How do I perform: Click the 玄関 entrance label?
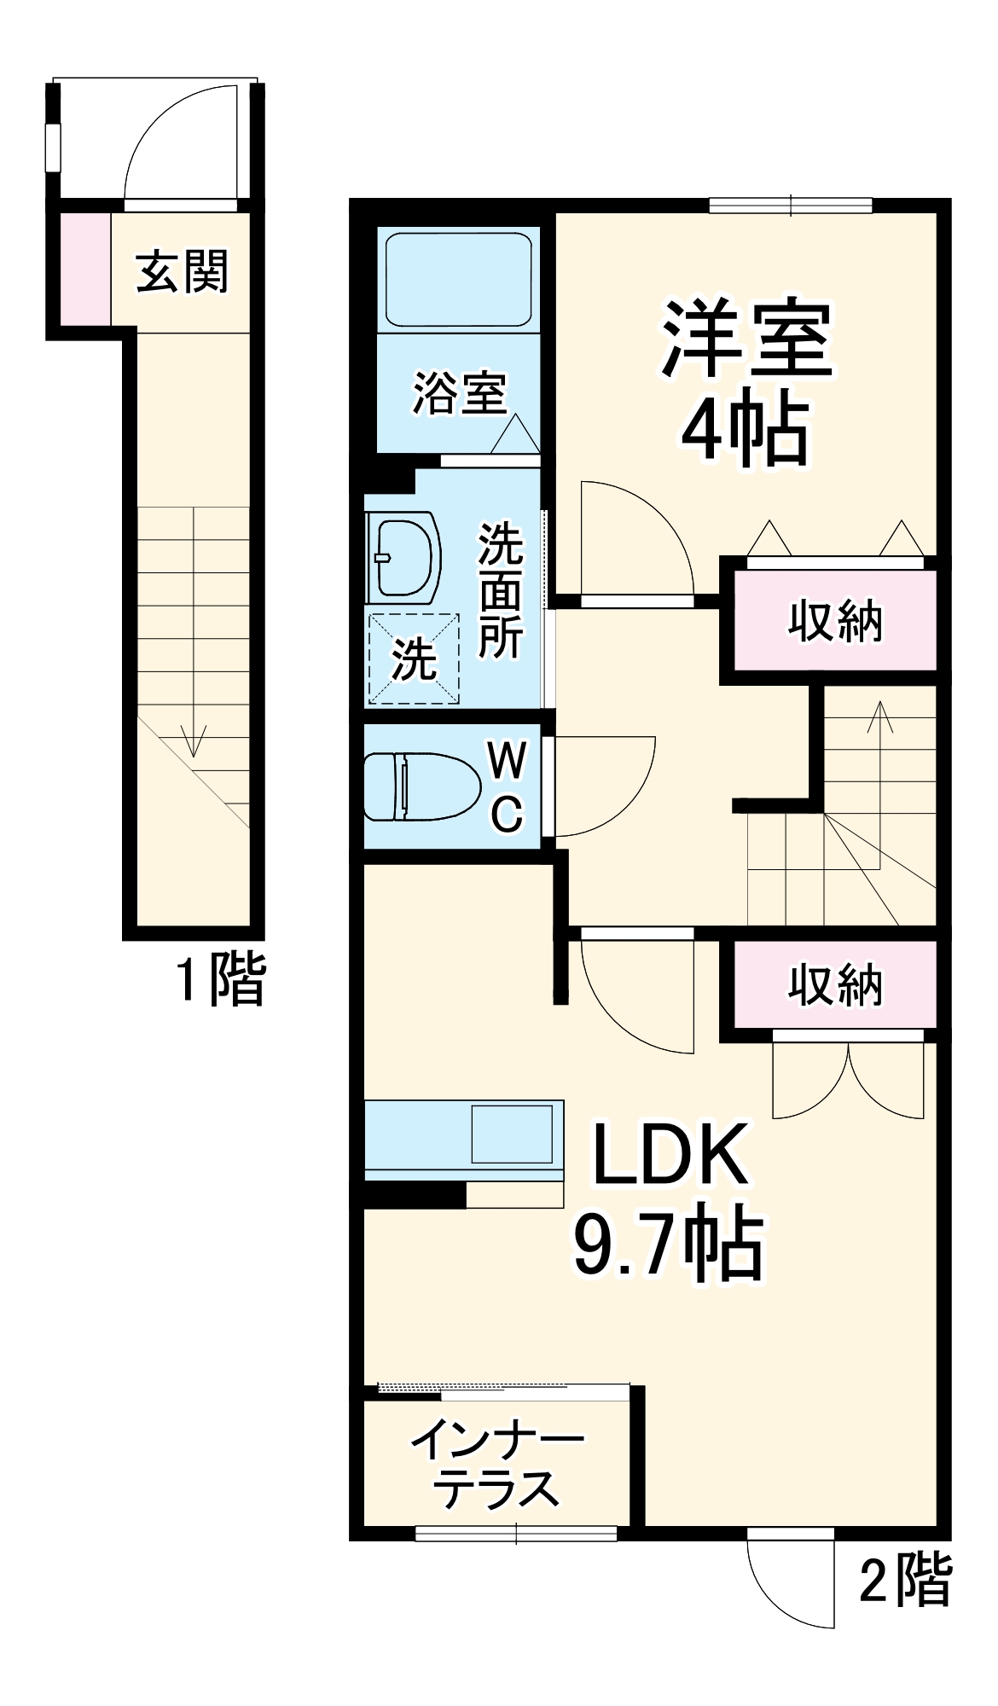point(183,272)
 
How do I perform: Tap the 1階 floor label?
point(221,978)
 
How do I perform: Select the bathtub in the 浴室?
point(458,279)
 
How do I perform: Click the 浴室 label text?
point(461,393)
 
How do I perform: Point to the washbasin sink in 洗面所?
point(406,558)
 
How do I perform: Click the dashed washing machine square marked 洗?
point(414,659)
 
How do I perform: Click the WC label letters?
point(508,786)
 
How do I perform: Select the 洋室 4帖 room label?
point(746,381)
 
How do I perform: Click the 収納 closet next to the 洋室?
point(835,620)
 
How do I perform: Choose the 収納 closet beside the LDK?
point(835,985)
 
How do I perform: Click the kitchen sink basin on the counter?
point(512,1134)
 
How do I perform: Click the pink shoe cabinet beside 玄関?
point(84,269)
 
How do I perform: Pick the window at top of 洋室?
point(791,205)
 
